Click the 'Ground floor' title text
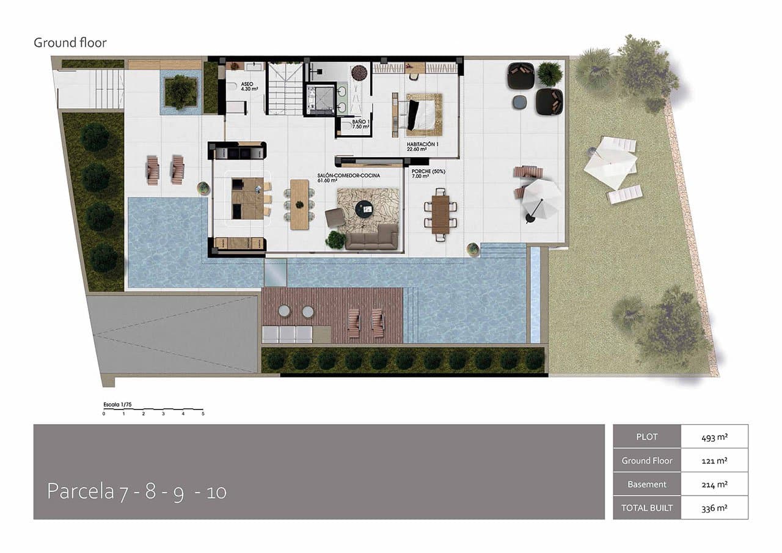[x=70, y=43]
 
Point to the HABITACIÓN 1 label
[x=423, y=145]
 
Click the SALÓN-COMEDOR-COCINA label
[x=348, y=178]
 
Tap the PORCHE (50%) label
[x=428, y=174]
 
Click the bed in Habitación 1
[x=420, y=114]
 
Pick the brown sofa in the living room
[x=371, y=237]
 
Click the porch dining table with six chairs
[x=440, y=211]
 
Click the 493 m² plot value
[x=714, y=437]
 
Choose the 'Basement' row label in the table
[x=646, y=484]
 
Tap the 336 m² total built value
[x=714, y=508]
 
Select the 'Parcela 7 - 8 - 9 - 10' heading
[x=136, y=492]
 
